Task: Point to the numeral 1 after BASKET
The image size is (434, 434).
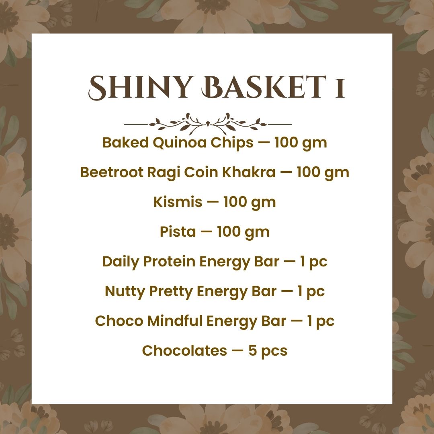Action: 340,88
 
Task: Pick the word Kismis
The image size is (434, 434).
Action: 178,202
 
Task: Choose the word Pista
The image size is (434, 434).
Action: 178,231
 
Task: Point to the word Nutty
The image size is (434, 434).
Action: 125,291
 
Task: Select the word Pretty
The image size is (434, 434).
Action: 171,291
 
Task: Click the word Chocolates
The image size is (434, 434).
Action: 184,350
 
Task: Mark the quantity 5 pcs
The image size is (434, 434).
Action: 268,351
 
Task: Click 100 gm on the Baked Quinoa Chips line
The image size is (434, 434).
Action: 301,143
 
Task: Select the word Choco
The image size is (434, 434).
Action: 119,321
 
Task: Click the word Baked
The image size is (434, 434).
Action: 126,143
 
